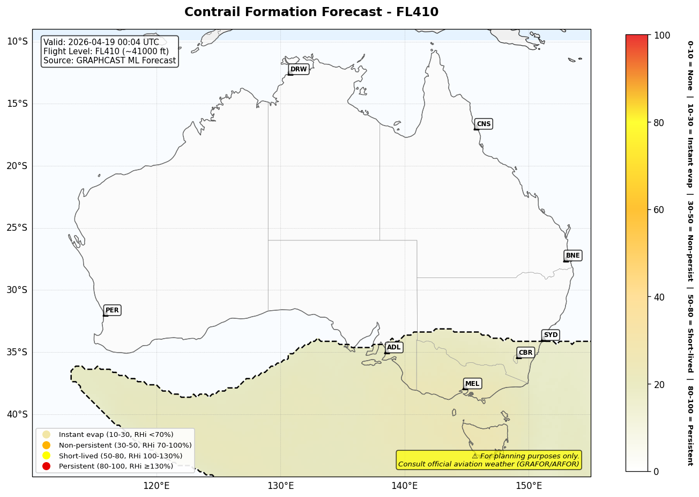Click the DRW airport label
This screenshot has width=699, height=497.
coord(299,69)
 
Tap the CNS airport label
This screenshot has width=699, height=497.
coord(484,124)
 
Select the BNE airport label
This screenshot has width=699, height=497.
coord(572,255)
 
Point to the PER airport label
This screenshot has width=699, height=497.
coord(112,310)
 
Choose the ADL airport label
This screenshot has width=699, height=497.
coord(393,348)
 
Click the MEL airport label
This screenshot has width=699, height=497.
coord(472,384)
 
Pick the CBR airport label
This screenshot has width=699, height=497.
coord(525,353)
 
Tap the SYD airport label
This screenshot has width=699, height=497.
coord(551,335)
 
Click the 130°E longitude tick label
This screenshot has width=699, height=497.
coord(280,486)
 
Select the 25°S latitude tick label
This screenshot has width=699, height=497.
coord(17,228)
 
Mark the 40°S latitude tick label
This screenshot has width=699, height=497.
coord(17,414)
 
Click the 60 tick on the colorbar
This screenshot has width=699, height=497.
coord(659,210)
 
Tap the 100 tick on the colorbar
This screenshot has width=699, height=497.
coord(662,35)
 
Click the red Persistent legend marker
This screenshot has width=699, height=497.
coord(47,466)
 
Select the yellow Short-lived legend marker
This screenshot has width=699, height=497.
coord(47,456)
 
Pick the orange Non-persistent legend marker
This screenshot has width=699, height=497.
coord(47,445)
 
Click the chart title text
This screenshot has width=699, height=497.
coord(311,12)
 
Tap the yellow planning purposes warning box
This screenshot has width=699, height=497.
coord(488,460)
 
